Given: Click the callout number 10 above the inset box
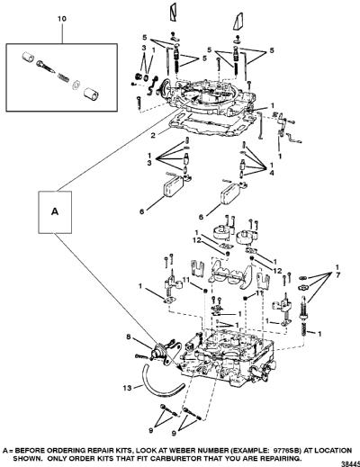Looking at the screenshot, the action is click(62, 19).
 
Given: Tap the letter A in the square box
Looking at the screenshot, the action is click(55, 211).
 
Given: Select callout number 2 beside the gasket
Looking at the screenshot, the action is click(153, 135).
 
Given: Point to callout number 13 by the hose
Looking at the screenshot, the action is click(127, 388).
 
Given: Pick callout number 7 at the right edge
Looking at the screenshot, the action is click(338, 274).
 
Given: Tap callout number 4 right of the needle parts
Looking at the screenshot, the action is click(272, 173).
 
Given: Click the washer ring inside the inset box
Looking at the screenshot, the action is click(76, 84).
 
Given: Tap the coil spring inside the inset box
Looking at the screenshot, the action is click(63, 77).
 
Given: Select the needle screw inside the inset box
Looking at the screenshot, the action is click(46, 67).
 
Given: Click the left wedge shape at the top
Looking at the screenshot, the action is click(174, 13).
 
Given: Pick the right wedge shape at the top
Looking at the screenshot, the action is click(238, 21).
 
